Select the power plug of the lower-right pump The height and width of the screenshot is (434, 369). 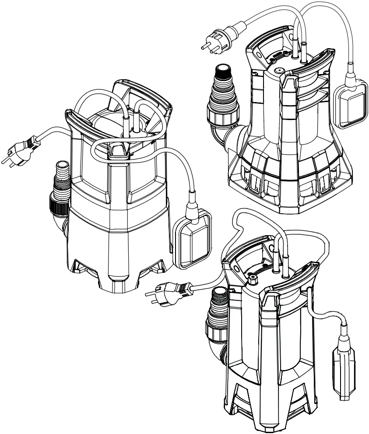(x=168, y=291)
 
